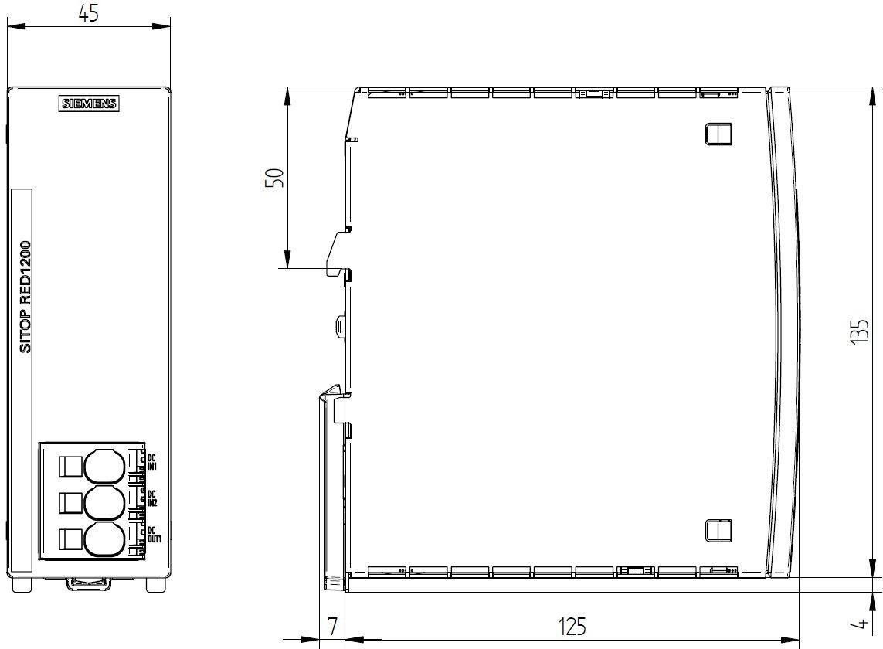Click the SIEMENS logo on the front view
(x=89, y=104)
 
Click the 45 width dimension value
(x=88, y=13)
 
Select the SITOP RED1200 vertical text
(x=25, y=297)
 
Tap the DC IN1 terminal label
(x=152, y=463)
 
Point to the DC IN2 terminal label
(x=152, y=498)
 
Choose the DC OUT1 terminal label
(x=154, y=535)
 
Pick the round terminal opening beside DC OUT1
(x=104, y=539)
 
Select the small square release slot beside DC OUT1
(x=70, y=539)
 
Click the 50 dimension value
(x=275, y=178)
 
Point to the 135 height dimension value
(x=859, y=331)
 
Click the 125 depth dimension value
(x=572, y=627)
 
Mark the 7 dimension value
(x=332, y=627)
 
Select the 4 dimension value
(x=861, y=623)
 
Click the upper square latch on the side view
(x=718, y=134)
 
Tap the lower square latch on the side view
(x=718, y=530)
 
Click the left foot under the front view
(x=22, y=584)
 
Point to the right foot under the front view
(x=156, y=584)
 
